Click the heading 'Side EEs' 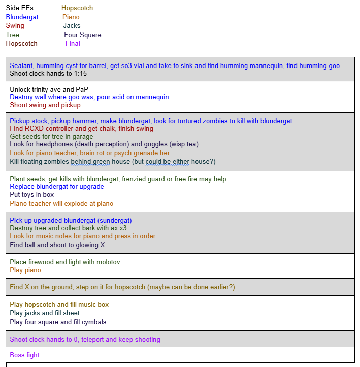click(x=19, y=8)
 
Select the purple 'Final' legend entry click(x=73, y=44)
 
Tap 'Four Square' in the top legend click(x=82, y=35)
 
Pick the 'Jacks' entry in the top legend click(x=72, y=26)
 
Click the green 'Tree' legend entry click(x=13, y=35)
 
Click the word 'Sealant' click(x=21, y=66)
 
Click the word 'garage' click(x=82, y=137)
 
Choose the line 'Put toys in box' click(x=31, y=194)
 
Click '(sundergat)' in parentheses click(x=113, y=221)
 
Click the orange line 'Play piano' click(x=25, y=270)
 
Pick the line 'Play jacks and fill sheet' click(x=45, y=313)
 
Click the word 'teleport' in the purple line click(x=94, y=340)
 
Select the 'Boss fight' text click(x=24, y=355)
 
